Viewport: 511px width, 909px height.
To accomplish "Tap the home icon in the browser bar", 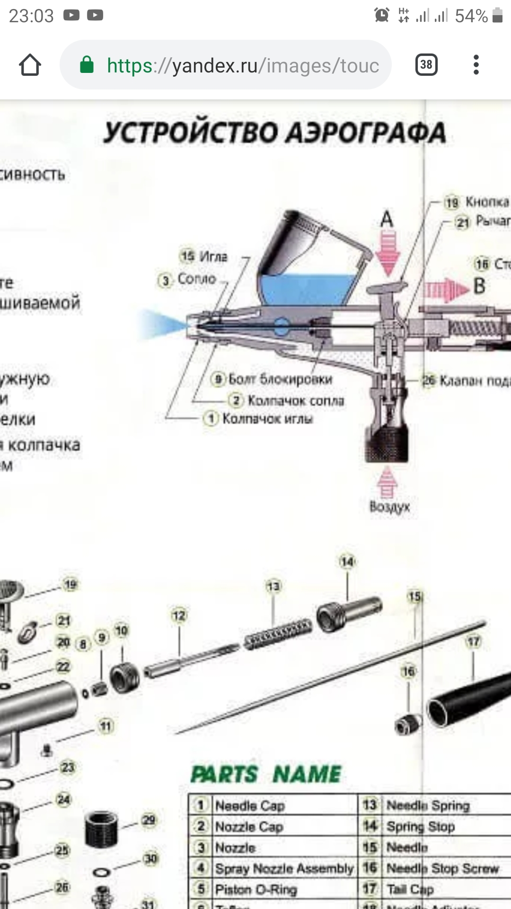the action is [x=30, y=65].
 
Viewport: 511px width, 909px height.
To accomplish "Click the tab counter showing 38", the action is [x=426, y=65].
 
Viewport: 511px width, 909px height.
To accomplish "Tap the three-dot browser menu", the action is [x=476, y=65].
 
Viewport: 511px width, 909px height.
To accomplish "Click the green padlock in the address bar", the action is [x=87, y=65].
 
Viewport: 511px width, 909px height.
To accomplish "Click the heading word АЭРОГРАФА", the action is [x=367, y=133].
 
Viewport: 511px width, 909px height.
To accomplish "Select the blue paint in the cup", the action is [x=308, y=288].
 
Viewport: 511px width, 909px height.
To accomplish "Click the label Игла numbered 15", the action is [x=212, y=257].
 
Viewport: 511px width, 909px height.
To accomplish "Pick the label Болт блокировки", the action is [x=280, y=379].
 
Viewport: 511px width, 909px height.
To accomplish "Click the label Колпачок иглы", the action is [x=267, y=419].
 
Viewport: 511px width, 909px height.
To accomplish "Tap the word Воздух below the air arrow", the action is [x=389, y=507].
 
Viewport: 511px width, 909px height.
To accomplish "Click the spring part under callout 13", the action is [x=278, y=634].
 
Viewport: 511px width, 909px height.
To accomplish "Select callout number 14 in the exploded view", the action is [x=347, y=562].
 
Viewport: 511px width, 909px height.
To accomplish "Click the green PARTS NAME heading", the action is [x=265, y=775].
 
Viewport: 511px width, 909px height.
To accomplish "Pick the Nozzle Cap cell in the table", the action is [x=249, y=827].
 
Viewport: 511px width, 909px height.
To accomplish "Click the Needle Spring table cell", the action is [x=428, y=805].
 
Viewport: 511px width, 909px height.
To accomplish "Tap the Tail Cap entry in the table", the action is [x=410, y=890].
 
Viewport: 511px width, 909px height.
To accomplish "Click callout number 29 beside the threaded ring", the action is [x=149, y=820].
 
